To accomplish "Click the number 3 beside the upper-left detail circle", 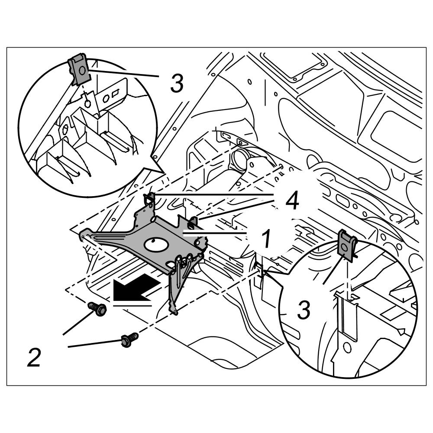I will click(x=177, y=83).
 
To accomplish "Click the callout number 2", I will click(x=34, y=357).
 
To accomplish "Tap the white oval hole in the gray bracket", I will click(x=154, y=245).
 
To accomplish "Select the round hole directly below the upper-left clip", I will click(x=88, y=103).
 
